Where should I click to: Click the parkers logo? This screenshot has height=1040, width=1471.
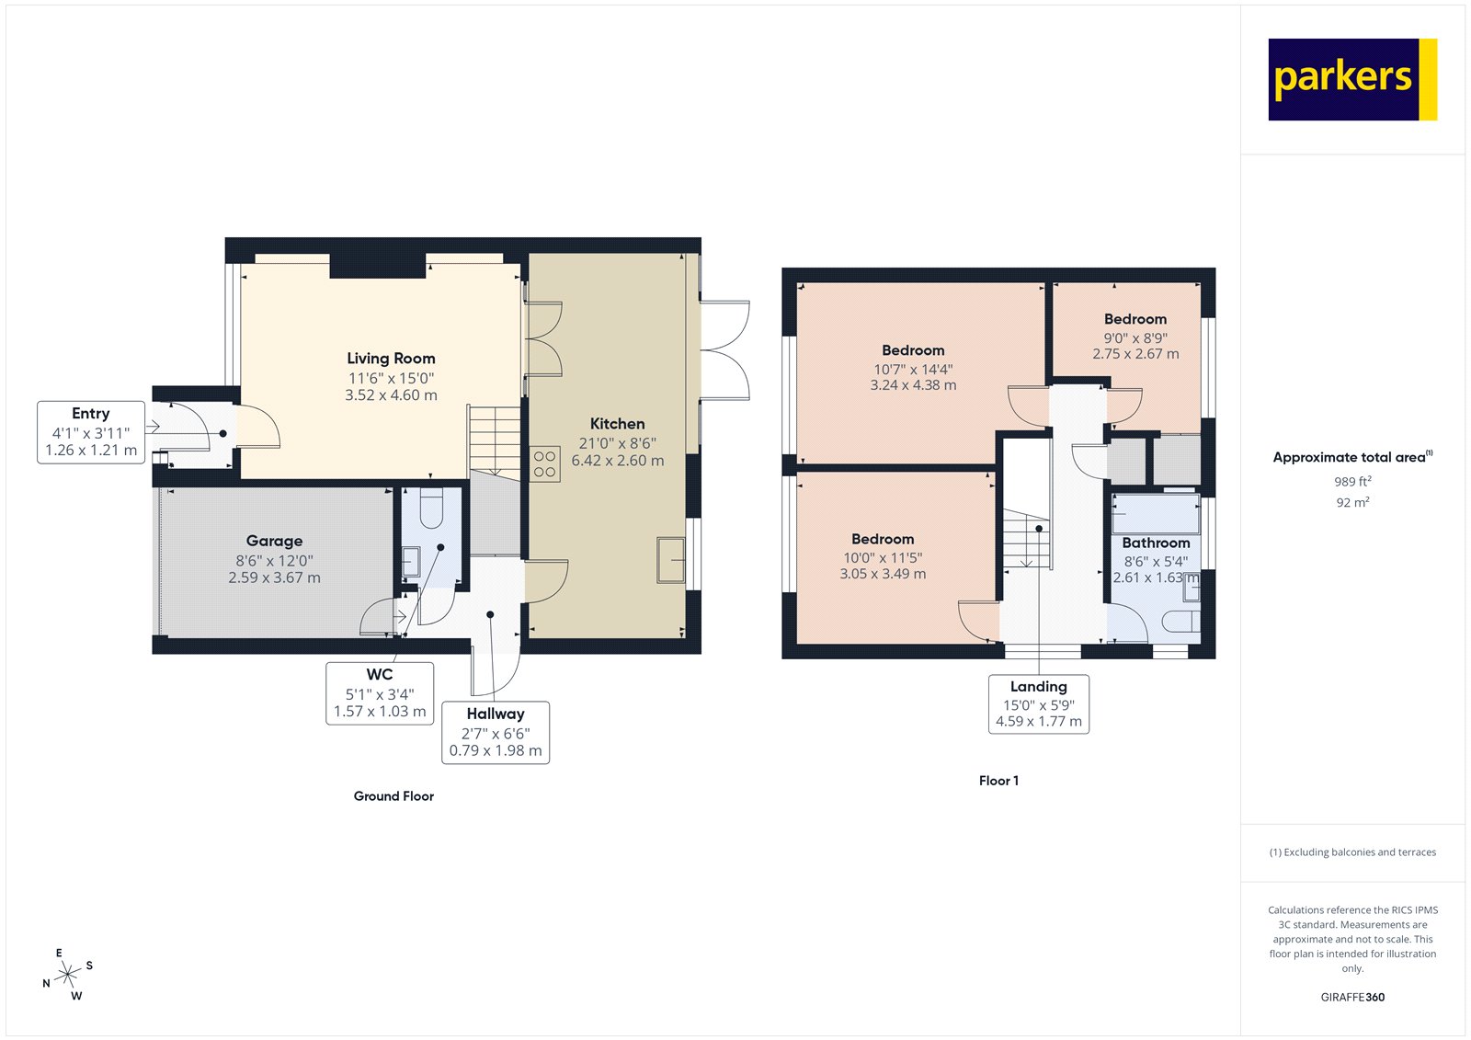point(1351,79)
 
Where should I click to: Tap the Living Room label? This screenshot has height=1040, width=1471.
point(391,359)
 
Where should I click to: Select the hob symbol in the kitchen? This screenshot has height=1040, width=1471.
point(544,464)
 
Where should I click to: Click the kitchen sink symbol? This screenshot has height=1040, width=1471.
point(670,560)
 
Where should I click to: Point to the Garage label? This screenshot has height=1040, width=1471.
point(274,541)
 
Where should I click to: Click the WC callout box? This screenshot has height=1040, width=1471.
point(380,693)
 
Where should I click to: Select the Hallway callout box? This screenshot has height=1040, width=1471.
point(496,732)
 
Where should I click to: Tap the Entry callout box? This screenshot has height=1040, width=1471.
point(91,432)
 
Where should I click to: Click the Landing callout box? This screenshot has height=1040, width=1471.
point(1039,703)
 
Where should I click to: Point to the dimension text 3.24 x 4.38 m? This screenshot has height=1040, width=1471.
point(913,385)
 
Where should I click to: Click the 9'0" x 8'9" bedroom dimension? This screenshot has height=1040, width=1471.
point(1135,337)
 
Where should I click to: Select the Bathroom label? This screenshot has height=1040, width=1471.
point(1156,543)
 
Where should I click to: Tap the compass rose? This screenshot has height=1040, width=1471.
point(67,975)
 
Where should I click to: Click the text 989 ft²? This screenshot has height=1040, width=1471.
point(1352,482)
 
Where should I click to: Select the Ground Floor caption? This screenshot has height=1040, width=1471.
point(393,796)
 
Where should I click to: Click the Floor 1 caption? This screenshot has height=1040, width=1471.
point(998,781)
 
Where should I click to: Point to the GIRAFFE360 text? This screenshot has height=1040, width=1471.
point(1352,997)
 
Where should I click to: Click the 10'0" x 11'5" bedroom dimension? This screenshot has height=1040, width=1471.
point(883,557)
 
